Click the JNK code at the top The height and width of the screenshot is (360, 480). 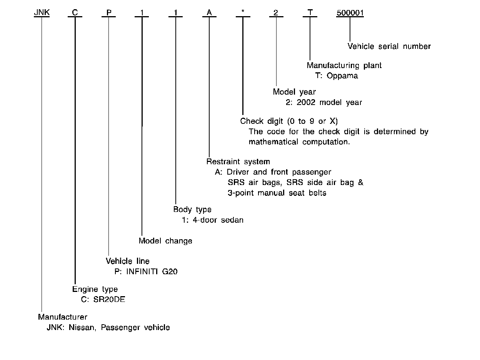click(x=42, y=13)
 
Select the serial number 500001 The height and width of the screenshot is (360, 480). click(x=350, y=13)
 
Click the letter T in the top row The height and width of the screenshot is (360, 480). click(x=310, y=13)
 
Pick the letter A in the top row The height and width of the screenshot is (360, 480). click(x=209, y=13)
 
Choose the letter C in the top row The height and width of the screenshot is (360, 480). click(x=75, y=13)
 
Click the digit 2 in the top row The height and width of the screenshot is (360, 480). click(x=276, y=13)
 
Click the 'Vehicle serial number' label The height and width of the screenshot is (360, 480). click(x=389, y=47)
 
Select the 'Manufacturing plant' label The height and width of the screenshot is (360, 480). click(x=344, y=66)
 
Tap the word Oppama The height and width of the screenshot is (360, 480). click(x=342, y=76)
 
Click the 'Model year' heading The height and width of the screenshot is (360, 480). click(x=294, y=92)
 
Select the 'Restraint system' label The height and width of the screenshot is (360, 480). click(x=238, y=162)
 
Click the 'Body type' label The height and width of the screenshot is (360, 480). click(x=192, y=210)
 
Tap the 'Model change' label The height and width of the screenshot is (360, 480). click(x=165, y=241)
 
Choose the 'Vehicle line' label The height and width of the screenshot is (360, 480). click(x=127, y=262)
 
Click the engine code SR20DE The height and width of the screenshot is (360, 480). click(x=109, y=299)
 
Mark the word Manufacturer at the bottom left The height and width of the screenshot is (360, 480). click(x=62, y=317)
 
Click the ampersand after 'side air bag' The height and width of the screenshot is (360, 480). click(x=360, y=182)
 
